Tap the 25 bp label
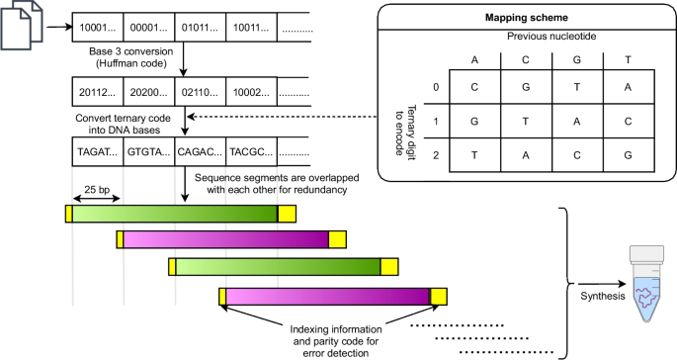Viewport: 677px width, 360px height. (x=97, y=189)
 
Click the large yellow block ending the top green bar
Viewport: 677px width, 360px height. (x=287, y=214)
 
